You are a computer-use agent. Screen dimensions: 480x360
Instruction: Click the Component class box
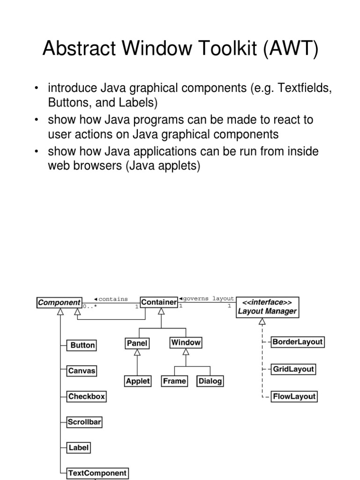pyautogui.click(x=59, y=303)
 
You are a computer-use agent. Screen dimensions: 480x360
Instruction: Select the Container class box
pyautogui.click(x=159, y=303)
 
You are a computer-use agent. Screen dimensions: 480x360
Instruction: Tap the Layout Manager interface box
pyautogui.click(x=267, y=307)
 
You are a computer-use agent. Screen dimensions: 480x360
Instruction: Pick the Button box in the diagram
pyautogui.click(x=82, y=345)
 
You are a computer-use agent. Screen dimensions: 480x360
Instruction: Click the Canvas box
pyautogui.click(x=82, y=371)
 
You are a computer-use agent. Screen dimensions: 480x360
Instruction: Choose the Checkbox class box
pyautogui.click(x=87, y=397)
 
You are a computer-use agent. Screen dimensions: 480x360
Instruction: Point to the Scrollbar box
pyautogui.click(x=84, y=422)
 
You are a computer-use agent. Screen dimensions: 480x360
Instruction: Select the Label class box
pyautogui.click(x=78, y=448)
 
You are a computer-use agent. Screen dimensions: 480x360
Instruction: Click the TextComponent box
pyautogui.click(x=97, y=473)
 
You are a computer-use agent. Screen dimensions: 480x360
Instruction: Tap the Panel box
pyautogui.click(x=137, y=343)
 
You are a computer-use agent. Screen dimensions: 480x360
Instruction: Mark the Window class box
pyautogui.click(x=186, y=343)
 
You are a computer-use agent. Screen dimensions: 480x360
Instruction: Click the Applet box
pyautogui.click(x=137, y=381)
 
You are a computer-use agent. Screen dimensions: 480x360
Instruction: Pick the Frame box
pyautogui.click(x=174, y=381)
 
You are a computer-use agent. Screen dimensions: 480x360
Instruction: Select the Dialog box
pyautogui.click(x=210, y=381)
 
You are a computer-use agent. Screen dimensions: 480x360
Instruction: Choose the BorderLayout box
pyautogui.click(x=298, y=342)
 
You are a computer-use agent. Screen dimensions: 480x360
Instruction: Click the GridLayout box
pyautogui.click(x=293, y=369)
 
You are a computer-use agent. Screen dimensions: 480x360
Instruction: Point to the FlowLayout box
pyautogui.click(x=294, y=397)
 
